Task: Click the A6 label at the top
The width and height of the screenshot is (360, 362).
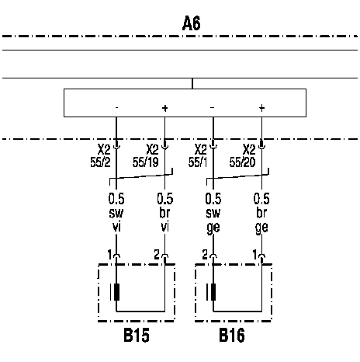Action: [x=192, y=23]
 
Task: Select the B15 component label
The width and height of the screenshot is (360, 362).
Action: [x=137, y=336]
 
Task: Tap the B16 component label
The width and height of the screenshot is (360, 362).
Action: [x=232, y=336]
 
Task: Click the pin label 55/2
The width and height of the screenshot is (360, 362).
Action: [x=100, y=162]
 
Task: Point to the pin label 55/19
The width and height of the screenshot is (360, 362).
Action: [x=146, y=162]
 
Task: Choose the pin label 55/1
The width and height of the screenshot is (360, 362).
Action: [x=198, y=162]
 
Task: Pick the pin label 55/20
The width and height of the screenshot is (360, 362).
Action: [x=242, y=162]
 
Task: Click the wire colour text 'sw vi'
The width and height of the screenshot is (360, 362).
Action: [x=116, y=220]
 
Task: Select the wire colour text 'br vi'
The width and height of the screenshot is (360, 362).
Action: [x=164, y=220]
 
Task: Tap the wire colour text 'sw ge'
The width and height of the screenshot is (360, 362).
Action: [x=213, y=221]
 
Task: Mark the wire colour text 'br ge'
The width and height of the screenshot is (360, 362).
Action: [x=261, y=221]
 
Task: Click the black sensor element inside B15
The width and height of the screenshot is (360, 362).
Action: [x=116, y=292]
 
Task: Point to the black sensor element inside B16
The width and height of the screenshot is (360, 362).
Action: [x=213, y=292]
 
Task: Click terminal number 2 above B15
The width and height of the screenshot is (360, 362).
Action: [x=157, y=255]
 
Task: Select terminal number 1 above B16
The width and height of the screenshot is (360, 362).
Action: [x=254, y=255]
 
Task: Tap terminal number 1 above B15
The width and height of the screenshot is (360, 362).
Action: [x=109, y=255]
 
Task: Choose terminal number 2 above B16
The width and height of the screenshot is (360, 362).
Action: [x=205, y=255]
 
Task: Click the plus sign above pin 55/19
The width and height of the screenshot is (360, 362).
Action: [x=164, y=108]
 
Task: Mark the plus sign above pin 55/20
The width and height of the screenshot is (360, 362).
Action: [x=261, y=108]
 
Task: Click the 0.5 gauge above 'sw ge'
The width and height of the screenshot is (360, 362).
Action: [x=213, y=199]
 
